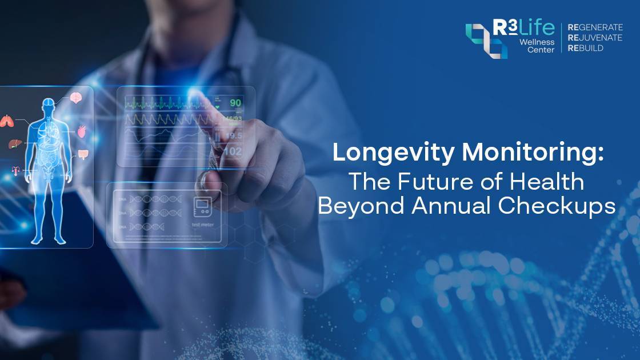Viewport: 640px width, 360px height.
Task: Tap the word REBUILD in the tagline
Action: [x=586, y=48]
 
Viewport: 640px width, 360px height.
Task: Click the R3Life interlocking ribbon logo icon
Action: [x=486, y=40]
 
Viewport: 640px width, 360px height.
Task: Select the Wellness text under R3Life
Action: [x=537, y=42]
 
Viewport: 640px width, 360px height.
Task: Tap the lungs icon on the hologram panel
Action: [x=7, y=121]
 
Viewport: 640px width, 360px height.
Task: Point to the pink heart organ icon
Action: [x=82, y=131]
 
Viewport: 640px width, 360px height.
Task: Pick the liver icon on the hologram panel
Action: [x=14, y=144]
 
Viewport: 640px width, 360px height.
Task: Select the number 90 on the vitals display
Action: [x=235, y=103]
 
